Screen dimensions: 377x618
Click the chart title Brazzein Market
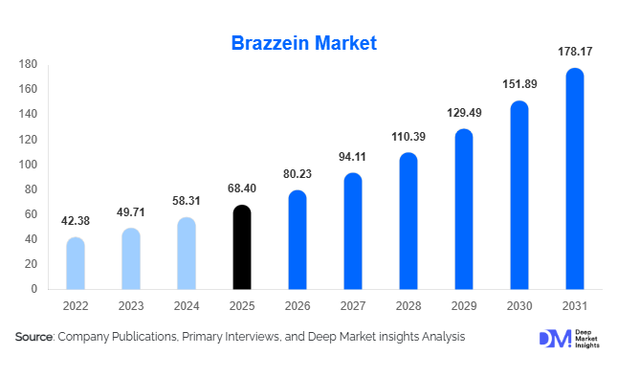tap(304, 43)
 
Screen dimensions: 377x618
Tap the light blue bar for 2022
tap(76, 263)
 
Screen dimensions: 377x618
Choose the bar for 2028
tap(408, 221)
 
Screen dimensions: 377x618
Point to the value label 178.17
tap(574, 51)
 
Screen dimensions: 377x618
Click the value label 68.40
tap(243, 188)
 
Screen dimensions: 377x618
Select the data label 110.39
tap(408, 136)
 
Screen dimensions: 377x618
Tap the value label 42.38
tap(76, 221)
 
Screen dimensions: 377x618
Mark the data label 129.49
tap(464, 112)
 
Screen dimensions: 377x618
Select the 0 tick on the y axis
tap(33, 289)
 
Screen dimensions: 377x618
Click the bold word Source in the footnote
tap(33, 337)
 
